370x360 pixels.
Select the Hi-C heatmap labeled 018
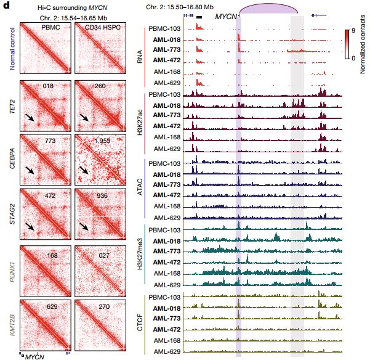coord(46,106)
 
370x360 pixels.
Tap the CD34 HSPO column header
coord(100,28)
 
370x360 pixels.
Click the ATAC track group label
coord(140,188)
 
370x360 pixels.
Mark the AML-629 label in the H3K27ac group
coord(167,149)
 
